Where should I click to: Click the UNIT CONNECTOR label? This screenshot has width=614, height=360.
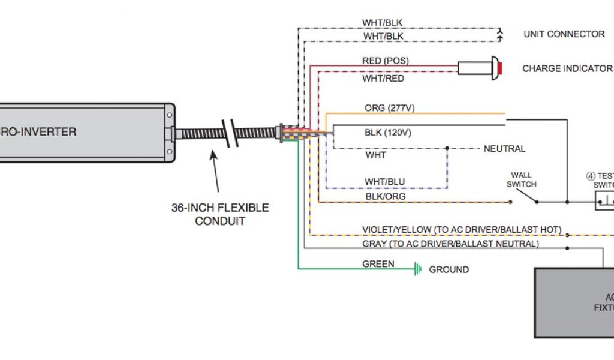click(564, 34)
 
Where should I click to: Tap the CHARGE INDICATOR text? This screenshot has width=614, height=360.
click(567, 68)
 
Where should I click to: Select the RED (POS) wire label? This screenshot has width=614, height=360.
click(386, 61)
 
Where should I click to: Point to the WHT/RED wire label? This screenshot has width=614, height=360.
click(383, 79)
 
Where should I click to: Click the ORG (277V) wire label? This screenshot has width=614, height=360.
click(389, 108)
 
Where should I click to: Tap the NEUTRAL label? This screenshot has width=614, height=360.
click(504, 149)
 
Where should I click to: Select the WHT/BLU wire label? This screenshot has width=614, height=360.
click(384, 181)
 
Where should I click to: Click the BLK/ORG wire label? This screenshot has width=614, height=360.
click(385, 196)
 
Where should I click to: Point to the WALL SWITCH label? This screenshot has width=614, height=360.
click(521, 179)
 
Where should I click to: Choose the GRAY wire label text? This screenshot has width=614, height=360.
click(450, 244)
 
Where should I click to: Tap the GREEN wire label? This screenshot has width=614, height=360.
click(378, 264)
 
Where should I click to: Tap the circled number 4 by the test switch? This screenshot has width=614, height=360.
click(591, 176)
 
